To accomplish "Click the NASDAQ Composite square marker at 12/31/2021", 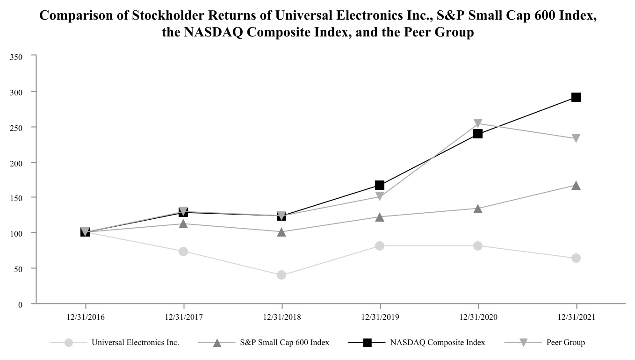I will click(x=576, y=97).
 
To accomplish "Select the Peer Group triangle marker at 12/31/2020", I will click(x=477, y=123).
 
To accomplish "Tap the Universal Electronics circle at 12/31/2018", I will click(x=281, y=275).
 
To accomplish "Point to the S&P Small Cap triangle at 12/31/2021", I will click(x=576, y=186).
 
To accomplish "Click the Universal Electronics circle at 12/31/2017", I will click(x=183, y=252).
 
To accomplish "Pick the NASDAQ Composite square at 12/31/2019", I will click(x=379, y=185).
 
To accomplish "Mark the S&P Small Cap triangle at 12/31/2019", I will click(x=379, y=217).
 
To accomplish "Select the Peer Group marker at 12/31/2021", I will click(x=576, y=138).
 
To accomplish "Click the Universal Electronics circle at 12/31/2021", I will click(x=576, y=258).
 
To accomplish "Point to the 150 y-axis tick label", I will click(x=16, y=198).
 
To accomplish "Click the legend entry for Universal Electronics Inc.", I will click(x=135, y=343).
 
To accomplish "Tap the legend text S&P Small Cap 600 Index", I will click(x=284, y=343).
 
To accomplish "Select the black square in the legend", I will click(x=367, y=343).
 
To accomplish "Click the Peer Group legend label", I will click(x=565, y=343).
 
